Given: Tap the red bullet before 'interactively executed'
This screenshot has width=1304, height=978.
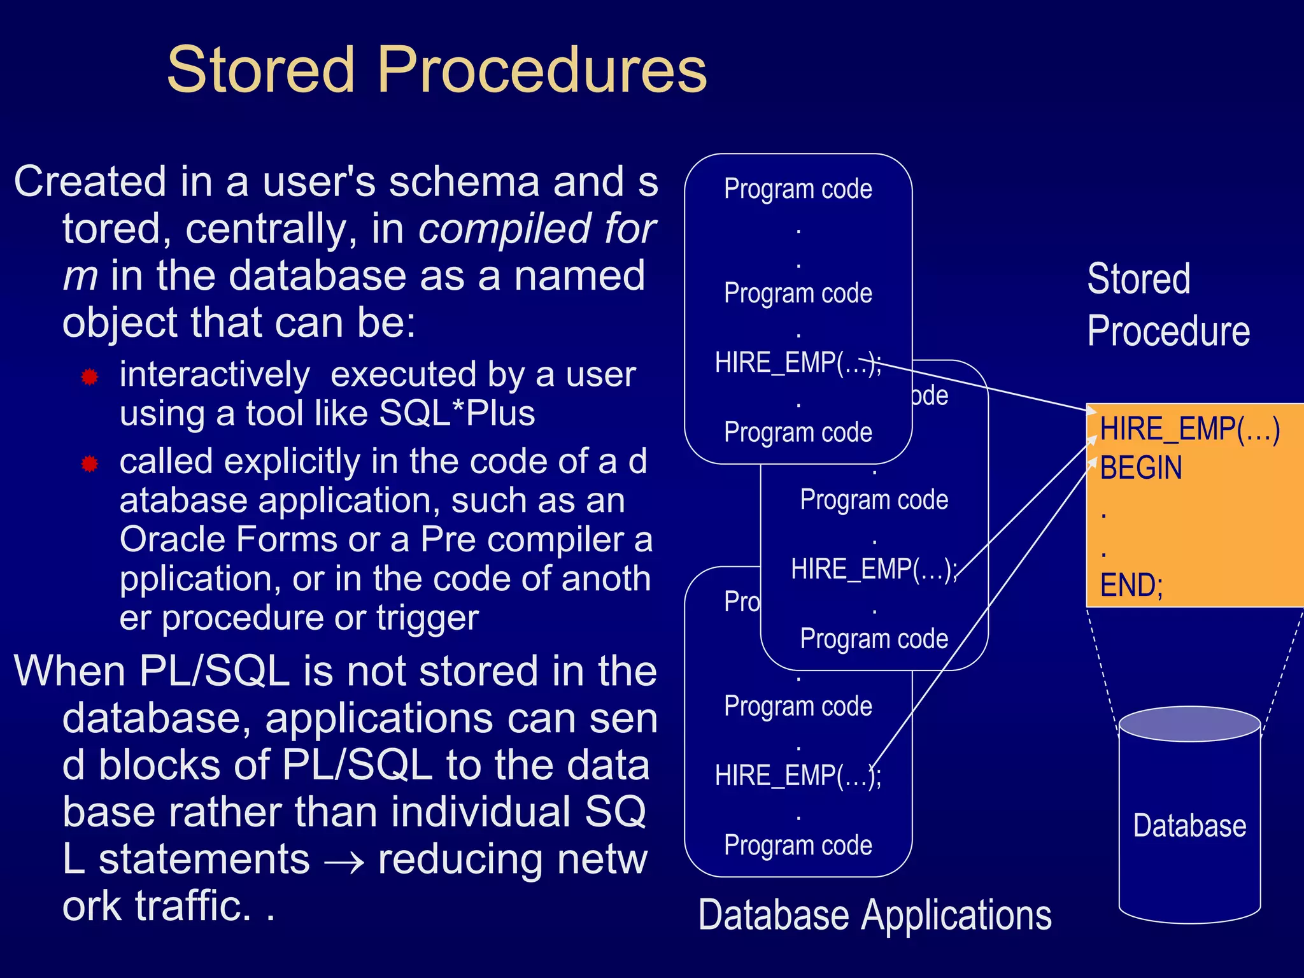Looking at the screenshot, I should [x=90, y=377].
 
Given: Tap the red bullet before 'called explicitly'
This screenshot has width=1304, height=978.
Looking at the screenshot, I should [x=90, y=464].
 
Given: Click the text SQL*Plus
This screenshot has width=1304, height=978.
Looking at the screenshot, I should [x=457, y=413].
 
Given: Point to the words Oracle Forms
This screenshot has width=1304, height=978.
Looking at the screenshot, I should [x=228, y=539].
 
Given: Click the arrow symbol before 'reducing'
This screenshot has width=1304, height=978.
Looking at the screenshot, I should [x=343, y=862].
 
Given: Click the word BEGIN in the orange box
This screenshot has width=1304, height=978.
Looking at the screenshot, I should [x=1140, y=468].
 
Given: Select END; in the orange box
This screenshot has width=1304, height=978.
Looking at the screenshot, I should [x=1131, y=585].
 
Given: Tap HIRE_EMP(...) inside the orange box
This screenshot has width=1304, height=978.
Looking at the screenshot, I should [x=1189, y=429].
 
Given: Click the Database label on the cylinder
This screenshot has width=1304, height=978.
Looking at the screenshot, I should [x=1189, y=826].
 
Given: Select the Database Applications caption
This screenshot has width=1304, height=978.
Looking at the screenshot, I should [x=874, y=915].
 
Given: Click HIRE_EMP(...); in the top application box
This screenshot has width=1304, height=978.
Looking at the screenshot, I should [x=797, y=362].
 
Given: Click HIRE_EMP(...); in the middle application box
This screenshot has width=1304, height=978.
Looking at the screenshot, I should [x=873, y=569].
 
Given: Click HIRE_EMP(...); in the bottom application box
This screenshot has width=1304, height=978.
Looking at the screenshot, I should [x=797, y=776].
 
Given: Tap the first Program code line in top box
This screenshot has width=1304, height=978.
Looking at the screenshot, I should [x=798, y=189].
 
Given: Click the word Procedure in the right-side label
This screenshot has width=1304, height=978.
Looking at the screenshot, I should [x=1168, y=331].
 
